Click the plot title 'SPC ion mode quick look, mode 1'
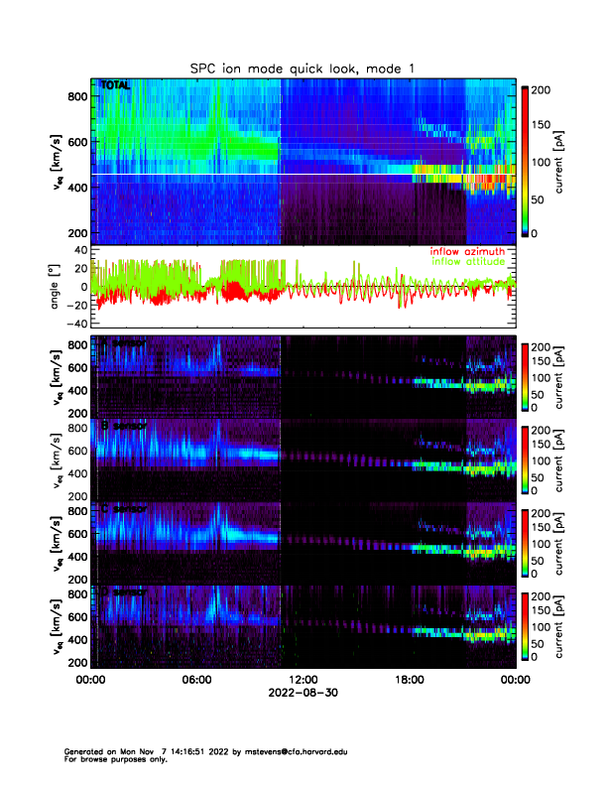(x=303, y=66)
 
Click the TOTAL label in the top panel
(x=115, y=87)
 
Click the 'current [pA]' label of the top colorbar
(x=561, y=159)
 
